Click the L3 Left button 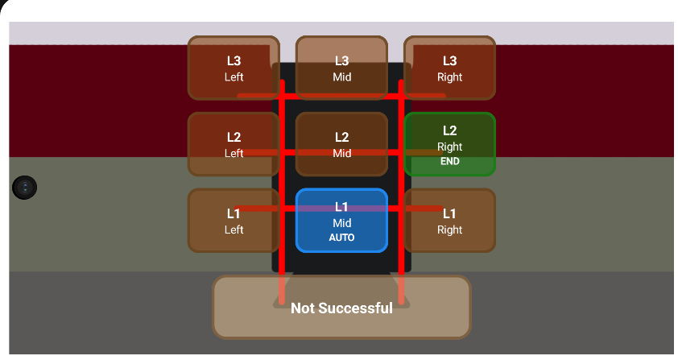tap(234, 68)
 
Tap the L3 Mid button tap(341, 68)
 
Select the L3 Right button tap(449, 68)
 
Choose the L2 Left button tap(234, 144)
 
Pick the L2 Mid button tap(341, 144)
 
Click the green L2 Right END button tap(449, 144)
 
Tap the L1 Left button tap(234, 221)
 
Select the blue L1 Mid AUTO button tap(341, 221)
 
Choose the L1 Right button tap(449, 221)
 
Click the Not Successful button tap(341, 308)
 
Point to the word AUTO tap(341, 238)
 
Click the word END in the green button tap(449, 161)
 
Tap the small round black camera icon tap(25, 188)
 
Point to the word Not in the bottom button tap(302, 308)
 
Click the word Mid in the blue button tap(341, 222)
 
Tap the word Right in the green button tap(449, 147)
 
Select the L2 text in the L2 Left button tap(234, 137)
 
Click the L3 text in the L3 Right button tap(449, 60)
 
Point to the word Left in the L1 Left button tap(234, 230)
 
